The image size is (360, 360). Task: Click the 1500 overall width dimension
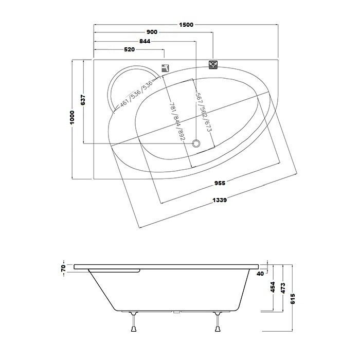pyautogui.click(x=186, y=25)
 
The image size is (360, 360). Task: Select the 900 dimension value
pyautogui.click(x=152, y=32)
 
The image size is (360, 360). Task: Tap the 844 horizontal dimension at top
pyautogui.click(x=145, y=41)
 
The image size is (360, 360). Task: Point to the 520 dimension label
pyautogui.click(x=129, y=49)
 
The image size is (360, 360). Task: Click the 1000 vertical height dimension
pyautogui.click(x=72, y=117)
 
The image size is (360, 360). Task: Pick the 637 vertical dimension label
pyautogui.click(x=83, y=100)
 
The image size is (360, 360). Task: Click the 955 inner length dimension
pyautogui.click(x=220, y=183)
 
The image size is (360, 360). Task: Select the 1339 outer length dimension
pyautogui.click(x=220, y=200)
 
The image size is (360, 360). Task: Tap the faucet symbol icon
pyautogui.click(x=165, y=68)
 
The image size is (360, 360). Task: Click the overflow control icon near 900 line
pyautogui.click(x=213, y=64)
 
